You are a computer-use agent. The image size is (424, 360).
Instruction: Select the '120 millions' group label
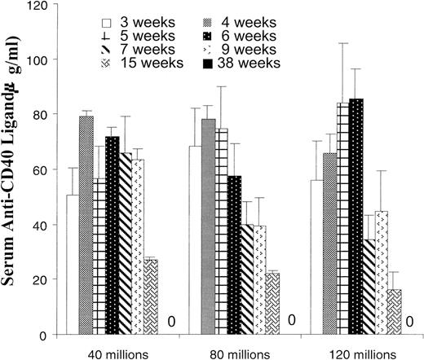(x=353, y=351)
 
